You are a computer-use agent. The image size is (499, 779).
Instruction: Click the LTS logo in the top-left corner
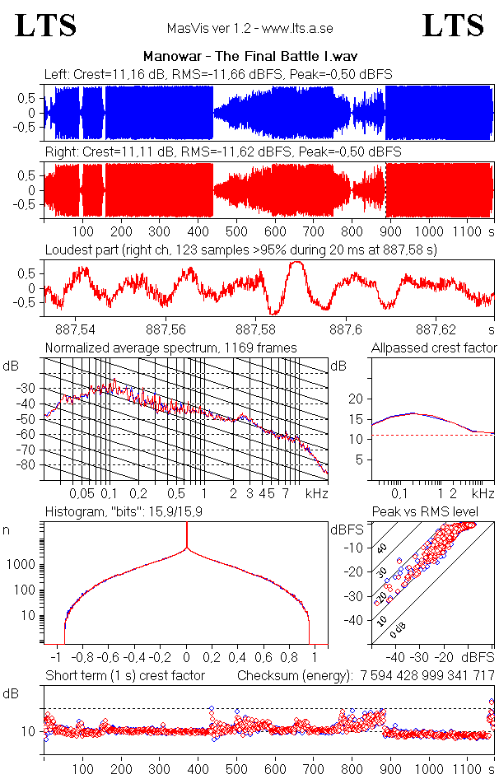point(46,26)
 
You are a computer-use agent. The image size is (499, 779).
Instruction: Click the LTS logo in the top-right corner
point(453,26)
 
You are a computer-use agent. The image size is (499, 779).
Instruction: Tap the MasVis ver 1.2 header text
point(249,28)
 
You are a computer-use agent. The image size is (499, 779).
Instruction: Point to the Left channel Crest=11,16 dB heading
point(217,75)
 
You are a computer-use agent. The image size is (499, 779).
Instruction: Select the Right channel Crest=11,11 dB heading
point(222,152)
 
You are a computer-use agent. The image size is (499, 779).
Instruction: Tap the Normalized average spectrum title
point(170,348)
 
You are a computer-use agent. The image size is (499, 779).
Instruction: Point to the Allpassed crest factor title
point(433,348)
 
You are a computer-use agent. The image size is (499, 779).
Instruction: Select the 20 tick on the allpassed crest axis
point(356,399)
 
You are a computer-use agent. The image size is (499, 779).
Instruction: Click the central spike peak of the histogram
point(187,527)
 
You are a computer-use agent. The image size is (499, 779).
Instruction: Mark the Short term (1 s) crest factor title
point(124,676)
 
